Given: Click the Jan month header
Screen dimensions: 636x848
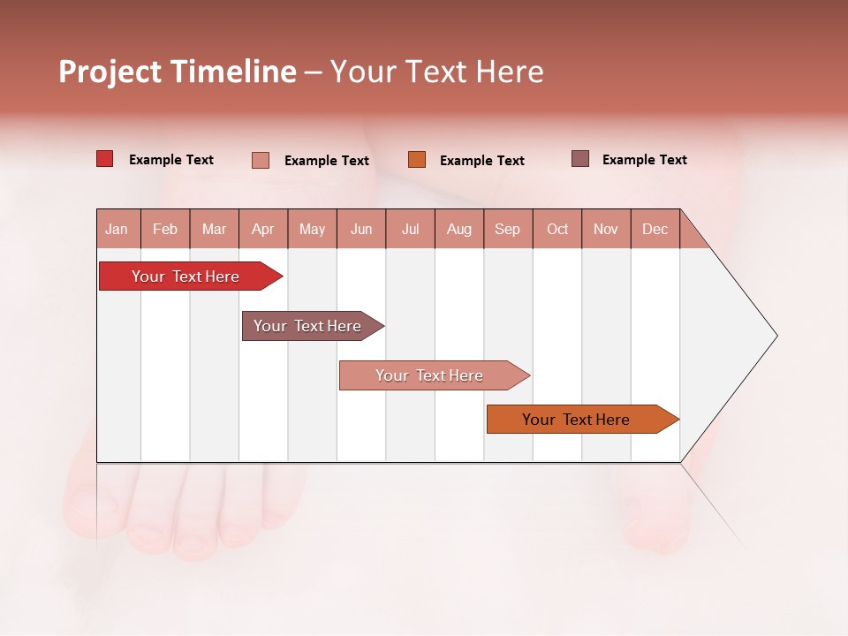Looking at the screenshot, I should pyautogui.click(x=117, y=229).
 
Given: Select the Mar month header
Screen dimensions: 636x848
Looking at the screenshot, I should pyautogui.click(x=214, y=229).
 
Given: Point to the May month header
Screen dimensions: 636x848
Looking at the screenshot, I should pyautogui.click(x=312, y=229).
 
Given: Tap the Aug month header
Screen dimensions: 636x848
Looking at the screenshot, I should pyautogui.click(x=458, y=229).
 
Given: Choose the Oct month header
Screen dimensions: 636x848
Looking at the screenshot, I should pyautogui.click(x=557, y=229).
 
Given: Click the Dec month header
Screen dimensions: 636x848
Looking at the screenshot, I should pyautogui.click(x=655, y=229).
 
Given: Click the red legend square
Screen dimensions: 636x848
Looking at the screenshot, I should pyautogui.click(x=105, y=159).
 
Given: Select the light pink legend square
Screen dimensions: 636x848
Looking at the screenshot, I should pyautogui.click(x=261, y=160).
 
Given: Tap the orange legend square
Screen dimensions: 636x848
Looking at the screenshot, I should pyautogui.click(x=417, y=160).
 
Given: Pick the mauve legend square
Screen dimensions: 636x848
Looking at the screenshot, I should pyautogui.click(x=580, y=159).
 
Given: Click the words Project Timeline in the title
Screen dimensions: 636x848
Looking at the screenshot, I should pyautogui.click(x=177, y=72).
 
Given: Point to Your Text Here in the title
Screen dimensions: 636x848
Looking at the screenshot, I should pyautogui.click(x=436, y=72).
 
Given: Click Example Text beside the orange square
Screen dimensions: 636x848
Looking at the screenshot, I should pyautogui.click(x=481, y=161).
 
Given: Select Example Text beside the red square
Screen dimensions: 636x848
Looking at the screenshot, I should pyautogui.click(x=171, y=160).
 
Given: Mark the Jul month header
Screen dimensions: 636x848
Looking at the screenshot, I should pyautogui.click(x=410, y=229).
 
